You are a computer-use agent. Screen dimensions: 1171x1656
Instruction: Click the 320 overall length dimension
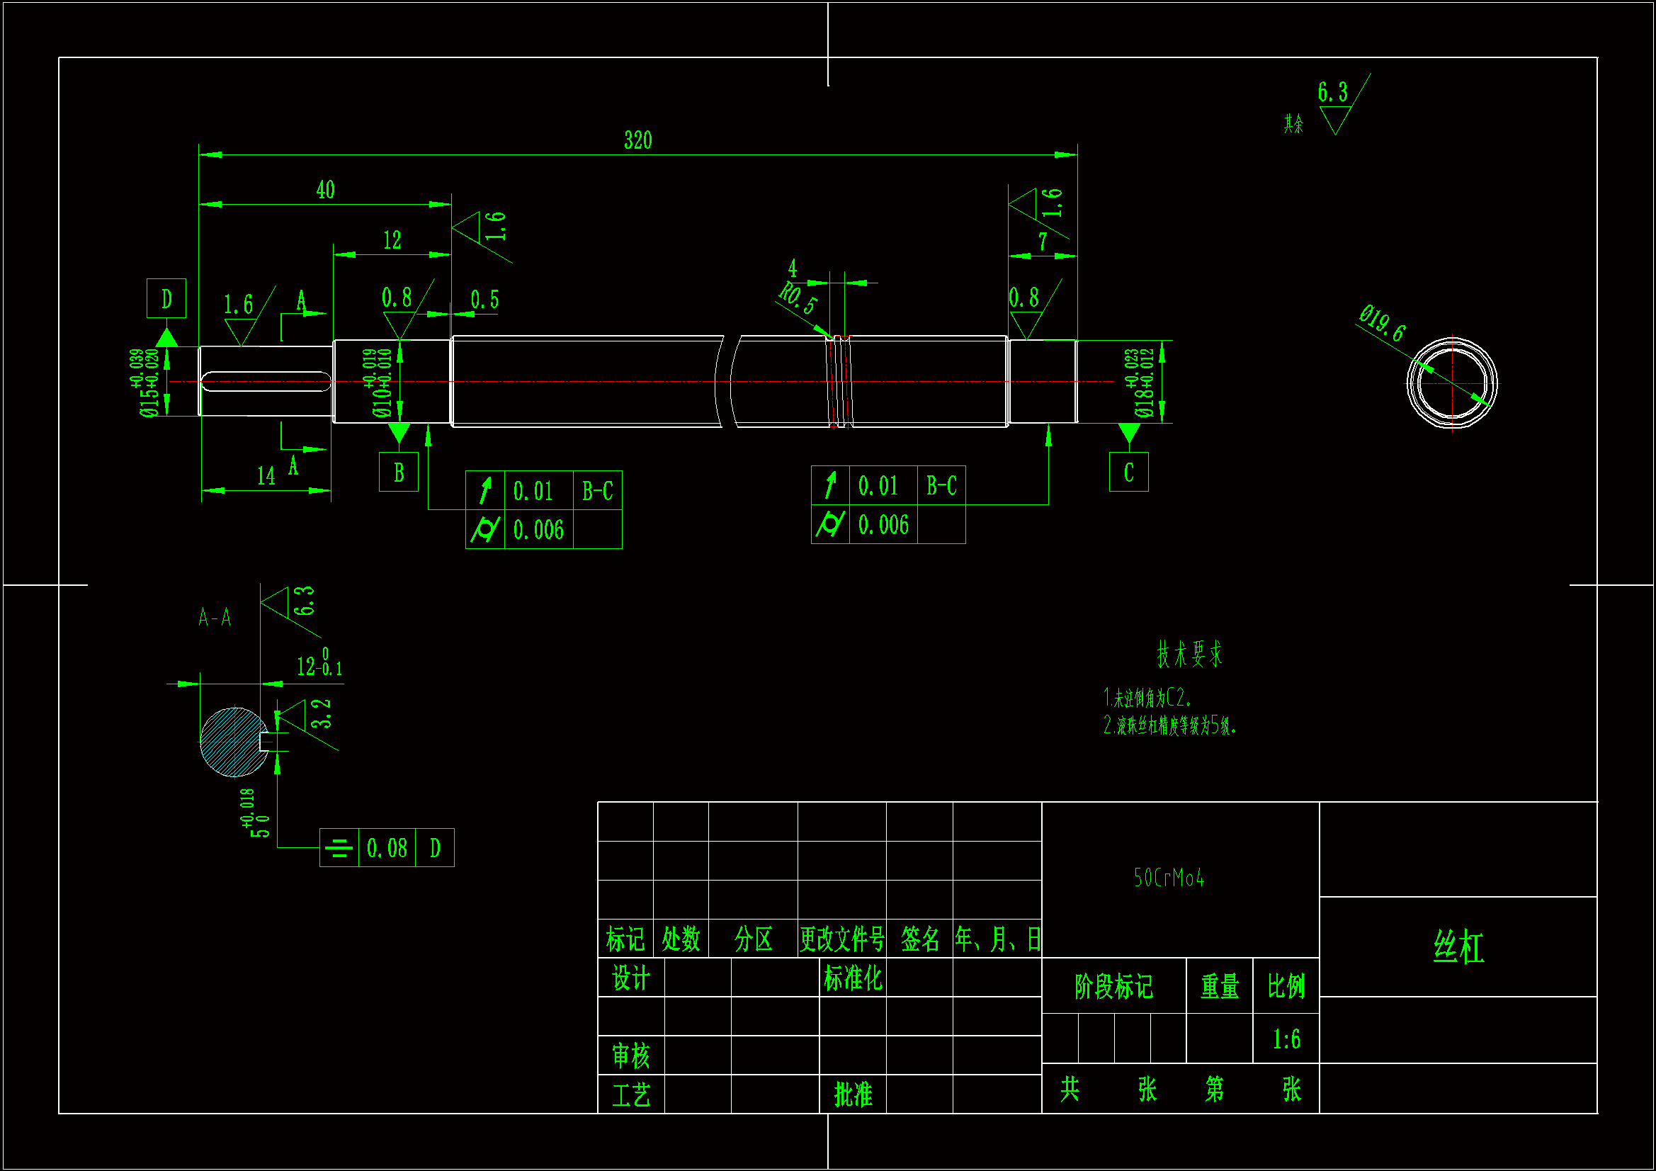pos(637,140)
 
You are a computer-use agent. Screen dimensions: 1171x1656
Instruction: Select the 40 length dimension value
pos(325,190)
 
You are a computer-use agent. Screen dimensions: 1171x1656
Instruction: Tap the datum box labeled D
pos(166,298)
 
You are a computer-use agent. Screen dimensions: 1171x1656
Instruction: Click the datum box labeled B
pos(398,472)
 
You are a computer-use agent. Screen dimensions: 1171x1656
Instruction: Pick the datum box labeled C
pos(1128,472)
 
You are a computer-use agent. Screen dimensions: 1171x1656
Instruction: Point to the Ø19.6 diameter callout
pos(1382,322)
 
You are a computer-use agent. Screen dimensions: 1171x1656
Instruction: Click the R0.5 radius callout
pos(798,298)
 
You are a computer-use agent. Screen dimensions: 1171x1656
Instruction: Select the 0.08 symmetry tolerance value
pos(387,848)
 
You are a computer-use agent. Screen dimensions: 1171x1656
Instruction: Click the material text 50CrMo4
pos(1169,877)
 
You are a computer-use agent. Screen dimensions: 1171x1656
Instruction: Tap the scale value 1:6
pos(1286,1039)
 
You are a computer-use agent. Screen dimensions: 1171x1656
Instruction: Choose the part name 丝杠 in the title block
pos(1458,946)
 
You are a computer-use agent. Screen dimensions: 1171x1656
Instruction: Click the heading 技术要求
pos(1189,654)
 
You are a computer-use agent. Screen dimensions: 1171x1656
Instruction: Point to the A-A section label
pos(215,618)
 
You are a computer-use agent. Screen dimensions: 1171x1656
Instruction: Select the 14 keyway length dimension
pos(266,476)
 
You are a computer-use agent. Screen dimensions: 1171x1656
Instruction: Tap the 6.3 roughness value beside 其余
pos(1332,92)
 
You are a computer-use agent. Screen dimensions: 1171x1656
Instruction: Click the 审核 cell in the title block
pos(630,1056)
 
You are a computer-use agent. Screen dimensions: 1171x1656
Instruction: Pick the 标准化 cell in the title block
pos(853,978)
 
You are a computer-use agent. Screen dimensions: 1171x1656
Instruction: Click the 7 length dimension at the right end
pos(1042,242)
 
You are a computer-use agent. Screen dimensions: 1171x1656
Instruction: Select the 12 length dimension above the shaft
pos(392,240)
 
